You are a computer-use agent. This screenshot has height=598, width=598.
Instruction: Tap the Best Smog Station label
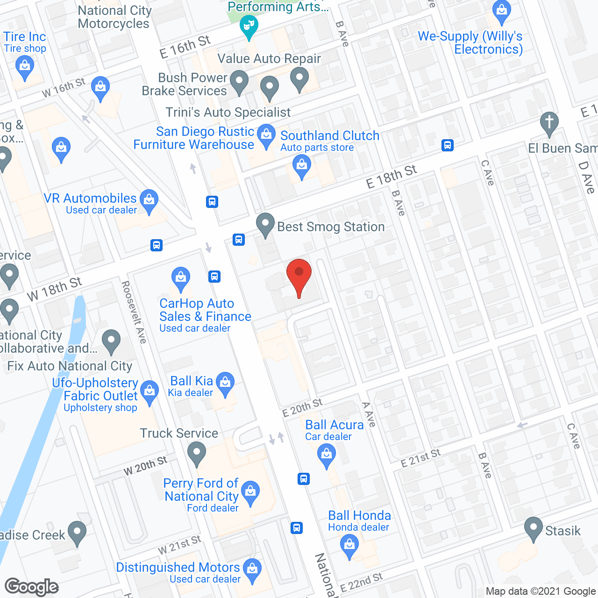click(x=331, y=227)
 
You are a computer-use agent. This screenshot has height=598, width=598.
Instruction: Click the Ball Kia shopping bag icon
click(x=226, y=383)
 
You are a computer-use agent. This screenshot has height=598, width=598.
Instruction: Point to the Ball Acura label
click(x=334, y=425)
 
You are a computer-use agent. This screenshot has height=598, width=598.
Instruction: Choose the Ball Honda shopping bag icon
click(x=349, y=546)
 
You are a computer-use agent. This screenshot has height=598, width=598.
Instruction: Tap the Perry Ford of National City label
click(x=201, y=490)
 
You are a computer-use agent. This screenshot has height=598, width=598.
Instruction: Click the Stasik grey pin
click(x=533, y=529)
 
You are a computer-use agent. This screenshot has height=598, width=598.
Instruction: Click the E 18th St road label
click(x=391, y=177)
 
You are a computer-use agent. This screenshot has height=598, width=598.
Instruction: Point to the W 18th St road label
click(x=54, y=289)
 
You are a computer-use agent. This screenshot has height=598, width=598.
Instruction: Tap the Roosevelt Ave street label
click(x=134, y=312)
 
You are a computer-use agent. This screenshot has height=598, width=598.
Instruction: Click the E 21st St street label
click(x=420, y=458)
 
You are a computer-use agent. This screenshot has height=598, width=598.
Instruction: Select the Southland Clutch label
click(x=330, y=136)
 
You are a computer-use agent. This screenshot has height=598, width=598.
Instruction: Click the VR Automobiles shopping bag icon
click(x=149, y=201)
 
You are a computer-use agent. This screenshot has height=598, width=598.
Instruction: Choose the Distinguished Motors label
click(x=178, y=568)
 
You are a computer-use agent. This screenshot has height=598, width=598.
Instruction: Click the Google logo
click(x=32, y=587)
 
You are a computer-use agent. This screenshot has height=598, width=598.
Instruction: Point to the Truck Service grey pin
click(x=197, y=453)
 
